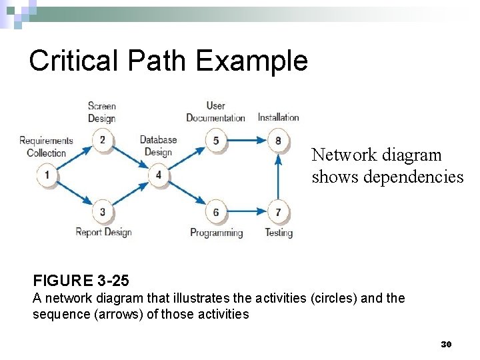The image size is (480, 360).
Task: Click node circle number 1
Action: (x=47, y=175)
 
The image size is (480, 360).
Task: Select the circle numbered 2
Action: (x=103, y=140)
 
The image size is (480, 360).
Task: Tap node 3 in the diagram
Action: (x=103, y=212)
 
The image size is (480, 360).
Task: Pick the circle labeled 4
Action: (x=159, y=175)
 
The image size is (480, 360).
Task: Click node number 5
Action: (x=216, y=140)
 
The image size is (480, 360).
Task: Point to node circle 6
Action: (x=216, y=212)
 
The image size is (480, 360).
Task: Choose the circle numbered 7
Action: (x=278, y=212)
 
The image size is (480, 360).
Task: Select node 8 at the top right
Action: (x=278, y=140)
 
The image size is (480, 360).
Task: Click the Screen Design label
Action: (x=102, y=112)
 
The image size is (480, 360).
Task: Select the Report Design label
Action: (x=103, y=233)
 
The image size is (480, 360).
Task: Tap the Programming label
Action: (x=216, y=233)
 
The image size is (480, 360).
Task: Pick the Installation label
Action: (x=279, y=118)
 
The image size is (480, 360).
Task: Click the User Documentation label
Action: (x=215, y=112)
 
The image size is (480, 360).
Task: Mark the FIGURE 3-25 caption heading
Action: (x=81, y=279)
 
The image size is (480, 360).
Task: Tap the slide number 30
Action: (x=446, y=344)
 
